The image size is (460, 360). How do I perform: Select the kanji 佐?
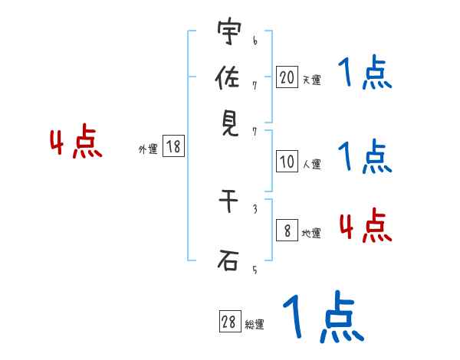click(x=228, y=79)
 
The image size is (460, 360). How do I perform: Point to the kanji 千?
click(x=228, y=202)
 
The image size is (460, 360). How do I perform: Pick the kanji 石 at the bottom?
click(x=228, y=262)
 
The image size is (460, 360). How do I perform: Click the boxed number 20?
click(x=287, y=77)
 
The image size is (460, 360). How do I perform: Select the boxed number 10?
click(x=287, y=161)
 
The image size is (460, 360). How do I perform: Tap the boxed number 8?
click(x=287, y=231)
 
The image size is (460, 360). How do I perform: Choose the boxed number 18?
click(x=173, y=147)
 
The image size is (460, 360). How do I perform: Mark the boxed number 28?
click(x=229, y=322)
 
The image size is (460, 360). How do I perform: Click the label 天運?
click(x=311, y=80)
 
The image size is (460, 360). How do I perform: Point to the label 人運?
click(x=311, y=164)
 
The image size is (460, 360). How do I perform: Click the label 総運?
click(x=255, y=325)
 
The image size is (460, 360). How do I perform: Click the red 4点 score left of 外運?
click(x=76, y=143)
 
